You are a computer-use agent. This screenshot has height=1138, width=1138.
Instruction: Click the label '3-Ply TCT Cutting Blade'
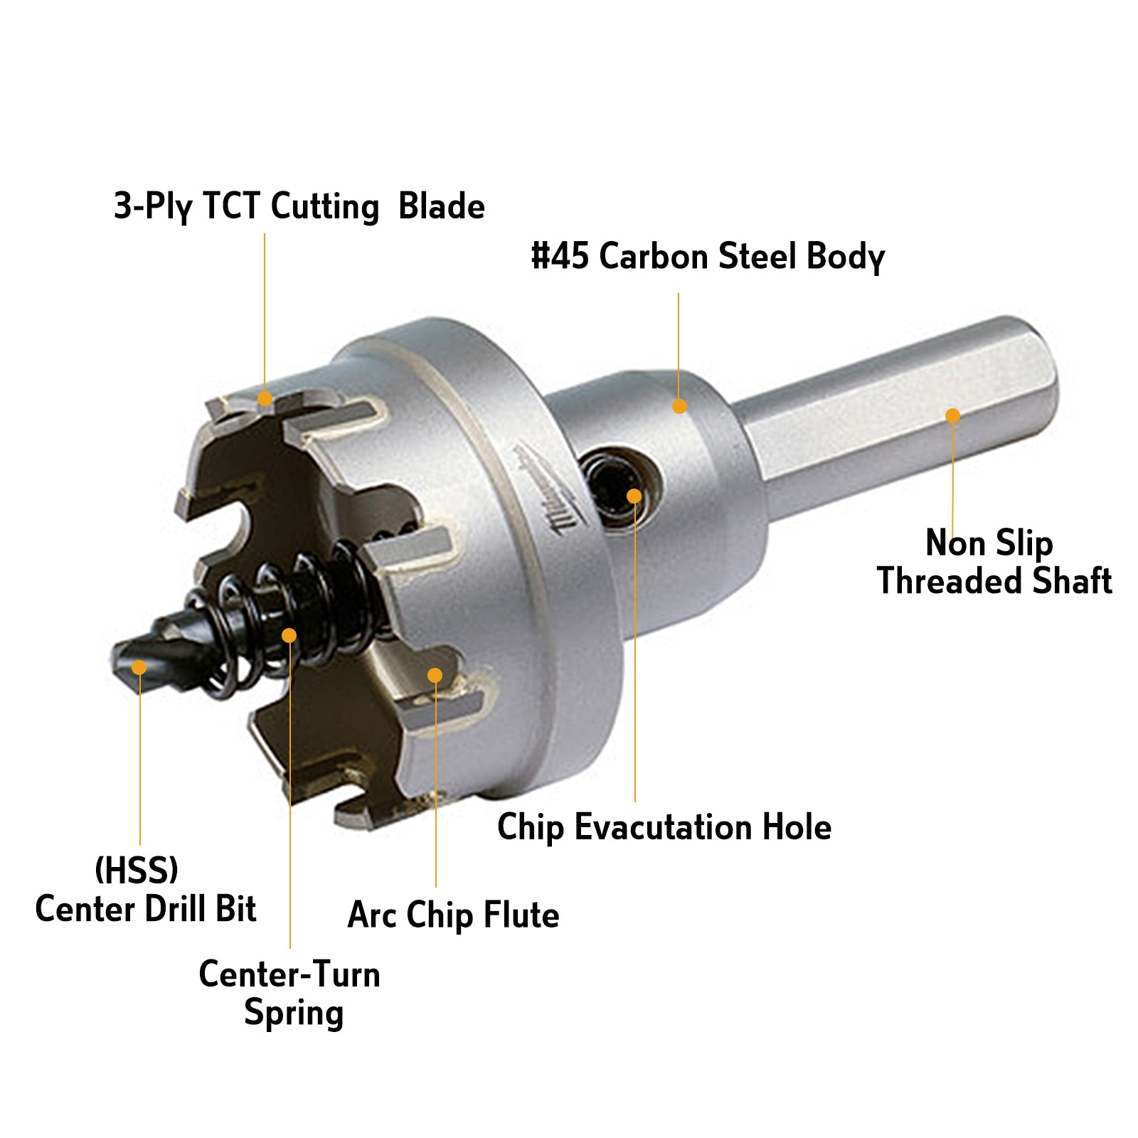(x=299, y=207)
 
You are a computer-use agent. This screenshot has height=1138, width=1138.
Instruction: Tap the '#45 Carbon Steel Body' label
(x=708, y=257)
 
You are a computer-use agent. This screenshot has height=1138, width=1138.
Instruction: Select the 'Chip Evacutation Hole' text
(x=664, y=827)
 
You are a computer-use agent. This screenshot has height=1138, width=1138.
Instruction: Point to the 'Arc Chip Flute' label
(x=453, y=915)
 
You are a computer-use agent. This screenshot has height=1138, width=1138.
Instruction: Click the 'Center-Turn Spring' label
(x=289, y=993)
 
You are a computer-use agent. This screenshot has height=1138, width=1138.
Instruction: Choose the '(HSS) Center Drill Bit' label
(x=145, y=890)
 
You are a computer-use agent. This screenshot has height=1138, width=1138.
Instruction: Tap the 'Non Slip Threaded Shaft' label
(x=994, y=562)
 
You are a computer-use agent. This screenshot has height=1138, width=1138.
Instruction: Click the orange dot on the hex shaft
(x=952, y=415)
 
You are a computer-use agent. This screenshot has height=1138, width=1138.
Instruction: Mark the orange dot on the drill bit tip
(x=139, y=667)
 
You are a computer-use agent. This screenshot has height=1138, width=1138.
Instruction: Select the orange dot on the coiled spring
(x=289, y=634)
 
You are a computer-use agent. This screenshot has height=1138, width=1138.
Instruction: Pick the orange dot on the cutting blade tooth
(x=265, y=398)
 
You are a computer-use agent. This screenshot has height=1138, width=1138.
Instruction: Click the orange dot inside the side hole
(x=634, y=496)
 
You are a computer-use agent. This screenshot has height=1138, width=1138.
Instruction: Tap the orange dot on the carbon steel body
(x=679, y=406)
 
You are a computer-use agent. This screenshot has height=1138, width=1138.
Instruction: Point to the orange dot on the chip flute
(x=435, y=675)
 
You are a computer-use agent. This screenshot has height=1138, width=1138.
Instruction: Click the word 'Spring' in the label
(x=294, y=1013)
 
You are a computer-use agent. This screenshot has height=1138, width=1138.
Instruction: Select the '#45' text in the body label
(x=560, y=256)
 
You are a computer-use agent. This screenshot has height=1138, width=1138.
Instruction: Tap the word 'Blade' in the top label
(x=441, y=207)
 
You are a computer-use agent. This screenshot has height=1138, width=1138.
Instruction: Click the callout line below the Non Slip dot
(x=952, y=477)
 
